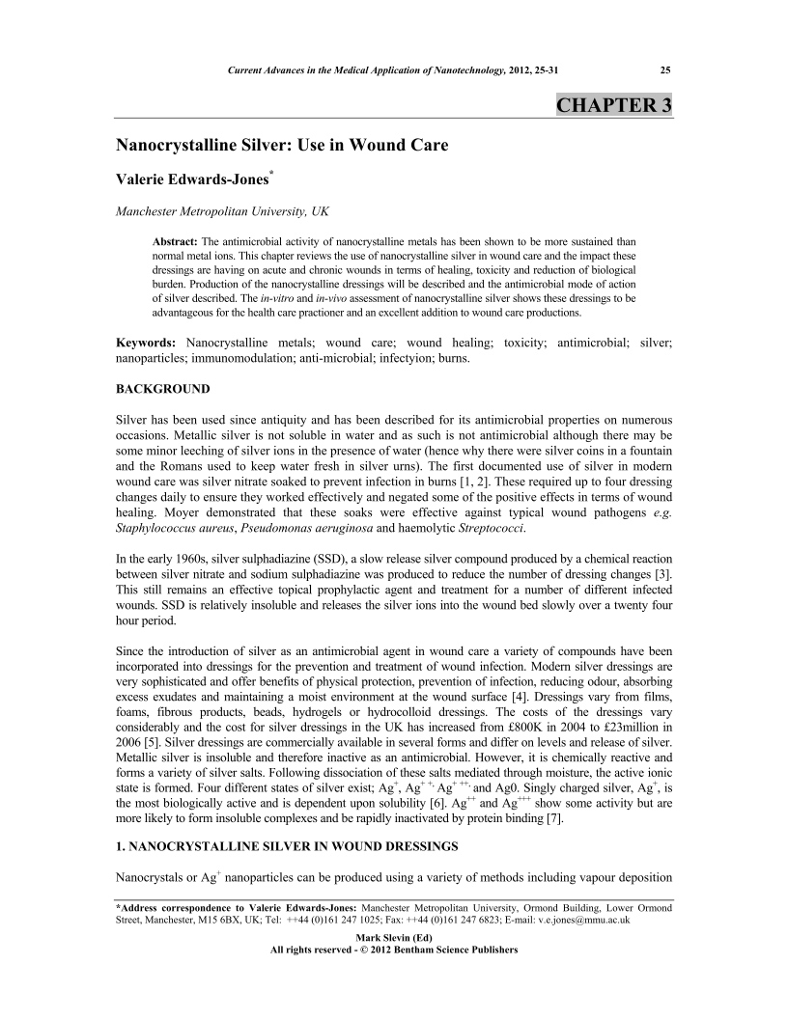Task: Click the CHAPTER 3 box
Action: (613, 105)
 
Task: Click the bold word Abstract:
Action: (177, 239)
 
